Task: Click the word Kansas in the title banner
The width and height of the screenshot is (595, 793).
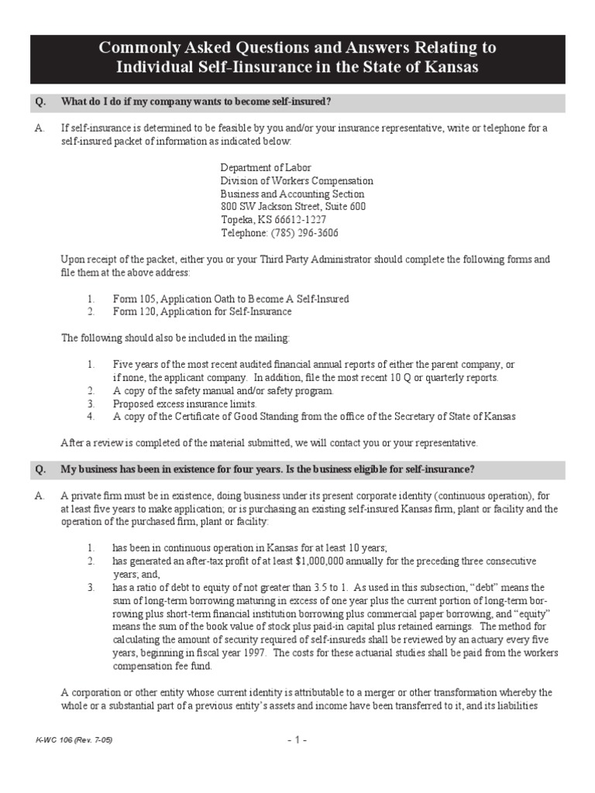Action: pos(450,67)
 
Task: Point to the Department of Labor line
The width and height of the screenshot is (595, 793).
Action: pos(266,167)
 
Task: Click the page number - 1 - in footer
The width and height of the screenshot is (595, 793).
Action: pos(297,740)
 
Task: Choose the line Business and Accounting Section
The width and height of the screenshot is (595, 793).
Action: pos(292,194)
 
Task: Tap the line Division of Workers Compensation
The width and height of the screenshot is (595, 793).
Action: pos(297,180)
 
